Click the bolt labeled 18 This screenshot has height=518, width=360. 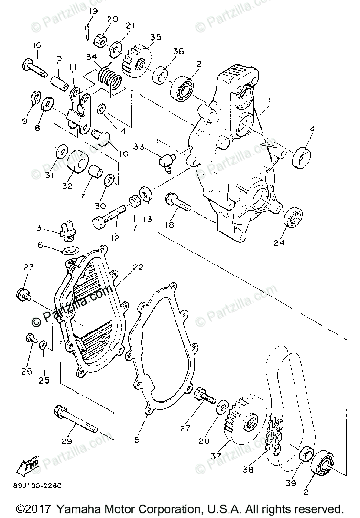[x=178, y=204]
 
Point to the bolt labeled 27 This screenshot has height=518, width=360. [x=205, y=396]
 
